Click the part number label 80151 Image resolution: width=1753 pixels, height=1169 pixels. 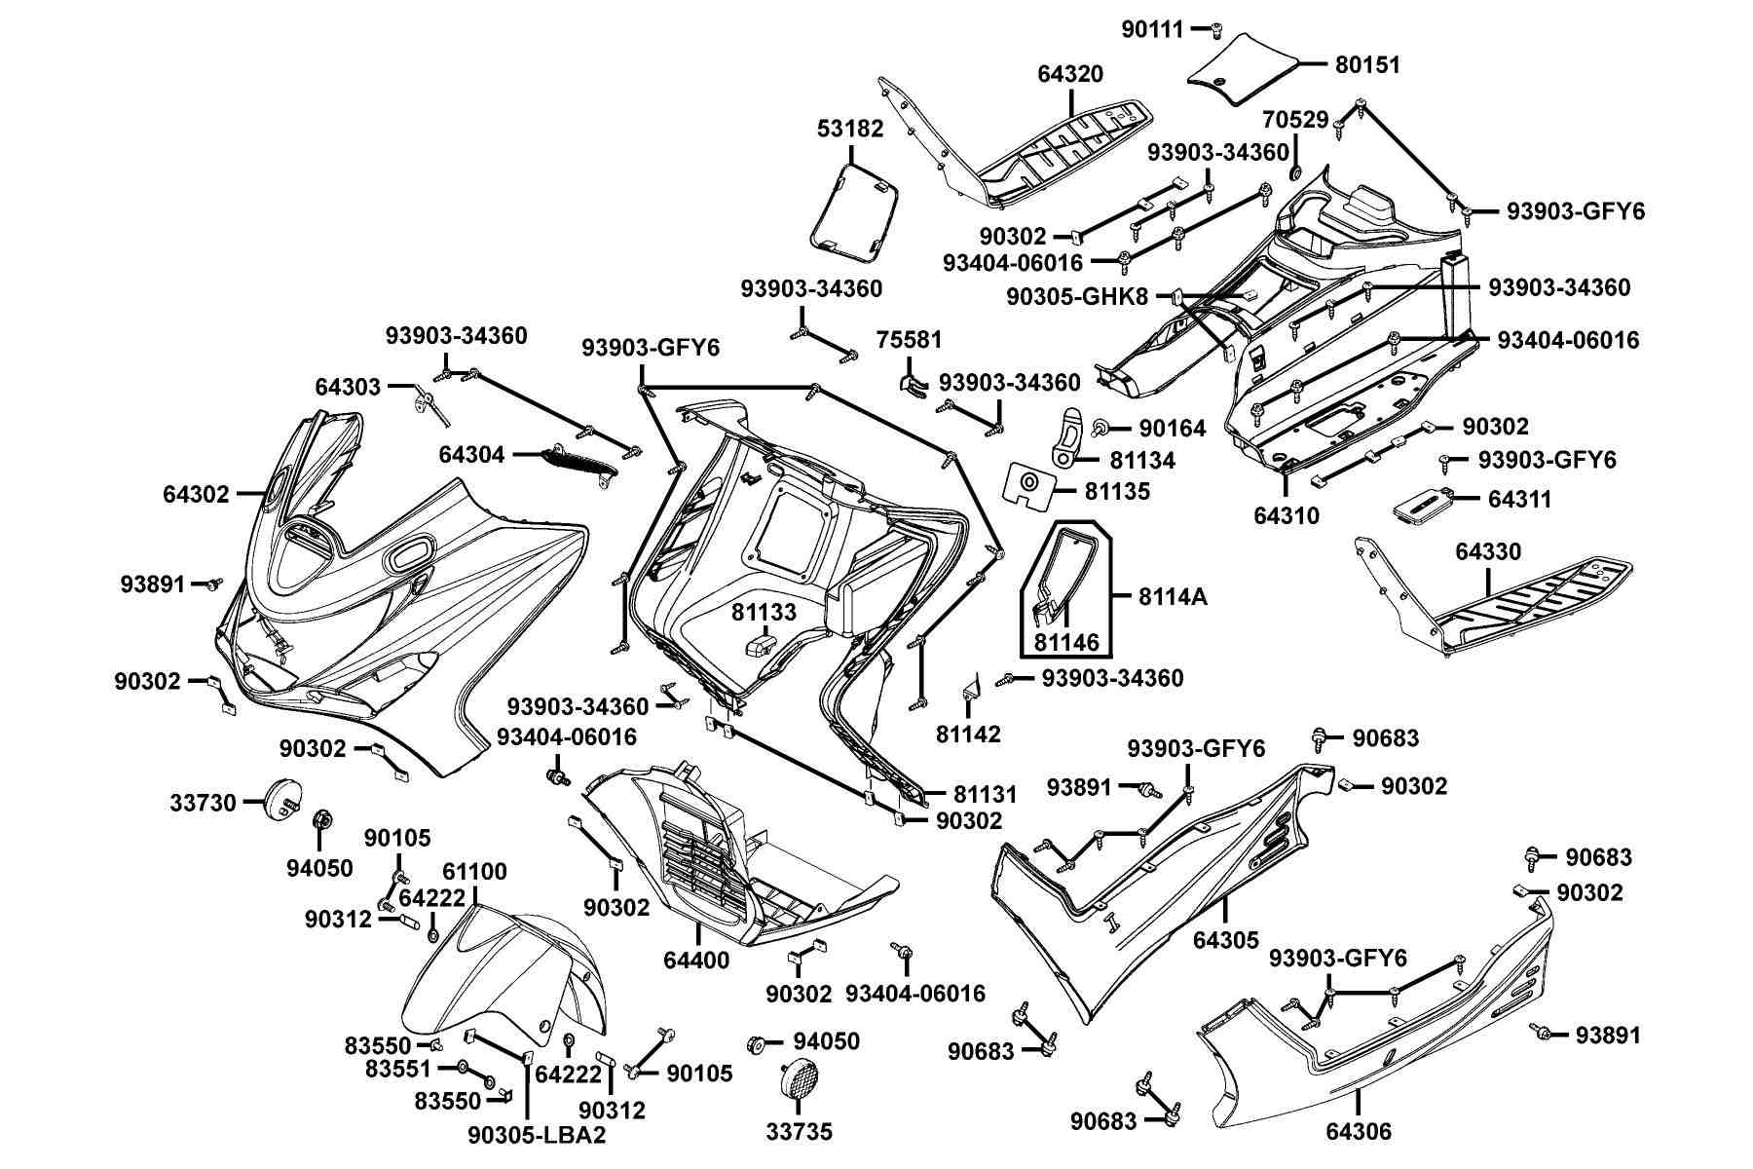[1367, 65]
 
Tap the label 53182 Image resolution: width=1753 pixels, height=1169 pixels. [851, 129]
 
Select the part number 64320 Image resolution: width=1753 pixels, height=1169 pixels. [1070, 74]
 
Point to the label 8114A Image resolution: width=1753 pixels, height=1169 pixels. [1173, 596]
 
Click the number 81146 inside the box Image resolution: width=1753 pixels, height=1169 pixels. [1066, 642]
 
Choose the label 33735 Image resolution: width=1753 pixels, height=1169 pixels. [800, 1132]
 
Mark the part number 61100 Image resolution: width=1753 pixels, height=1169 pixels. [475, 872]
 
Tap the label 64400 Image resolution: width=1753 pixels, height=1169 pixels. [696, 961]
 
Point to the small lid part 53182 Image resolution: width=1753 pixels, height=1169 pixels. [854, 211]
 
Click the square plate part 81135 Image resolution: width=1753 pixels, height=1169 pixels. [1028, 484]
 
